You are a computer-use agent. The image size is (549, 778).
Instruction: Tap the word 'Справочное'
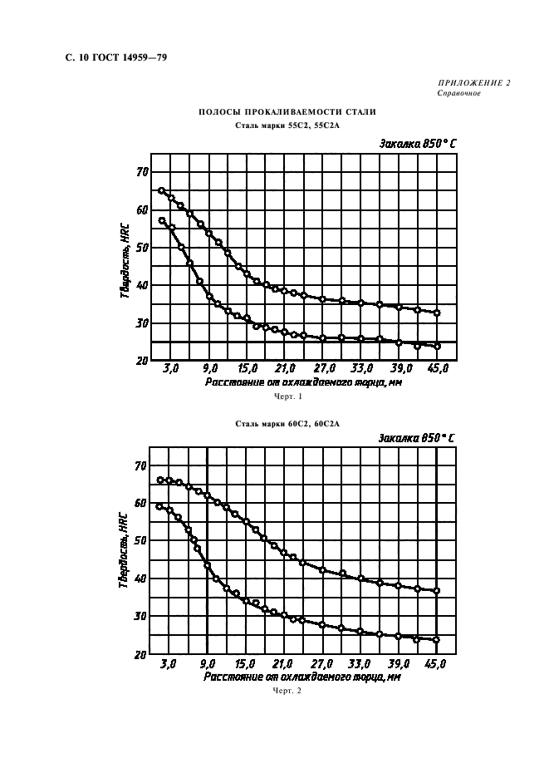tap(458, 93)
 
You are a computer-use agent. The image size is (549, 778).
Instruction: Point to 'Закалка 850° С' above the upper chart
tap(418, 143)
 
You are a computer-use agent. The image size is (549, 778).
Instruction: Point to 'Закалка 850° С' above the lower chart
tap(417, 437)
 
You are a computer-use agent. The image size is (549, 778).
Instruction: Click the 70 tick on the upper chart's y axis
tap(142, 172)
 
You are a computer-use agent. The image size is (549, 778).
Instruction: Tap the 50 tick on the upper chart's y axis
tap(142, 248)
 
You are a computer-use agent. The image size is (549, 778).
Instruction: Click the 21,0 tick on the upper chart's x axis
tap(286, 368)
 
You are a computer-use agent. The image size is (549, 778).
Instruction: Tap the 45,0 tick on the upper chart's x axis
tap(439, 368)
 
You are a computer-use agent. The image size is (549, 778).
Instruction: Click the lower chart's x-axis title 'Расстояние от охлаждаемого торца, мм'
tap(301, 677)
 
